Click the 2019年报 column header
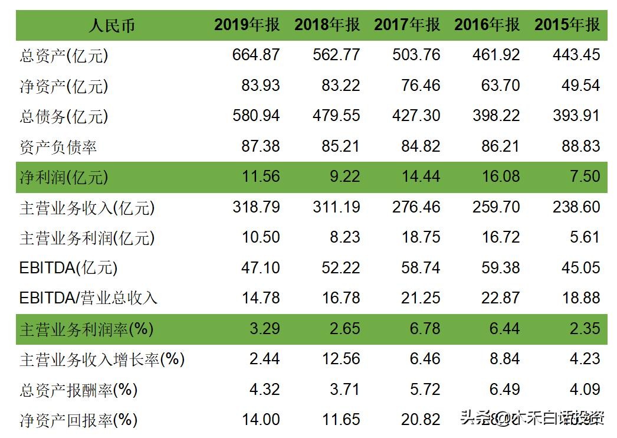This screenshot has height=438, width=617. point(247,25)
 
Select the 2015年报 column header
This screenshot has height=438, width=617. point(567,25)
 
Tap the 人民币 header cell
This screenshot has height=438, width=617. point(112,25)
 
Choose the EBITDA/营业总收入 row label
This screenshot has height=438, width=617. point(88,298)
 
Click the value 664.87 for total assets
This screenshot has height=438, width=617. point(256,55)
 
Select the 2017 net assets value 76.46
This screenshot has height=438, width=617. point(421,86)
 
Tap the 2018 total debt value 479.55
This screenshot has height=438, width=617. point(336,116)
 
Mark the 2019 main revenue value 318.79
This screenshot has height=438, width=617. point(256,207)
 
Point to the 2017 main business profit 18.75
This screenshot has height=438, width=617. point(421,237)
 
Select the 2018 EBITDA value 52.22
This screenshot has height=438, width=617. point(340,268)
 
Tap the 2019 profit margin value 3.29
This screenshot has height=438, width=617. point(264,328)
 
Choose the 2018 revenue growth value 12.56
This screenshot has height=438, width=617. point(340,359)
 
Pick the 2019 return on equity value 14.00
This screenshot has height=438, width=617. point(260,420)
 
